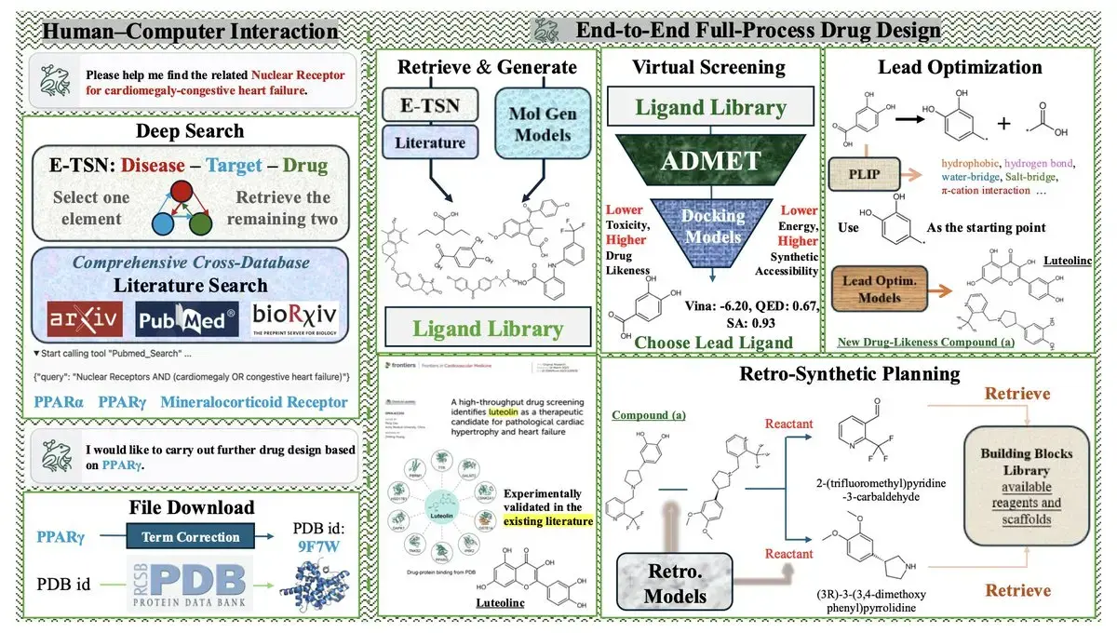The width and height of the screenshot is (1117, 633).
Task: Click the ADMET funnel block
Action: click(710, 160)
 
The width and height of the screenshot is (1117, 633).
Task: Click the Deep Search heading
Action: click(190, 129)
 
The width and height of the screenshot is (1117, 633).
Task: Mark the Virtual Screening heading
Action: click(709, 66)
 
